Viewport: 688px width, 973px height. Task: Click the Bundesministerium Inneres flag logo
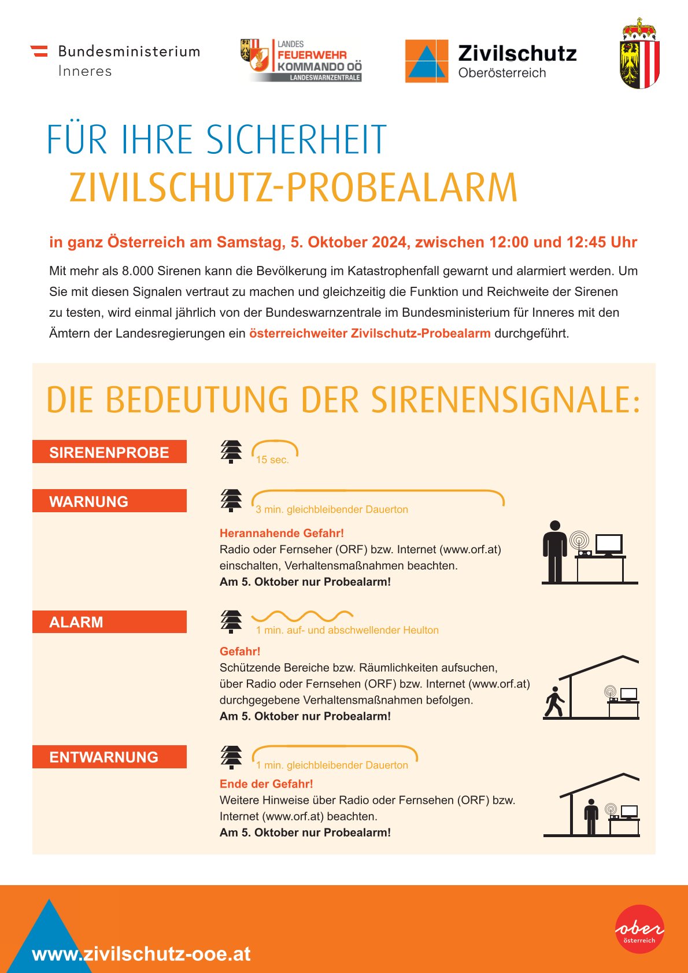(39, 51)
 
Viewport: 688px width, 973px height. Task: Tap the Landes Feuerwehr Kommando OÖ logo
(301, 60)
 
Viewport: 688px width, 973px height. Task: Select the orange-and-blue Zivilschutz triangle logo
(426, 61)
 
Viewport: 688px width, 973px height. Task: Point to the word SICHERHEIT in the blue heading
(296, 140)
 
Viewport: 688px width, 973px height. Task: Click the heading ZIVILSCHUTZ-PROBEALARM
(293, 188)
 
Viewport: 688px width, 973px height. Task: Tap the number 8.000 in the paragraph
(138, 271)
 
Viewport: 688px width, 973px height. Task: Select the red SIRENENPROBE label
(109, 452)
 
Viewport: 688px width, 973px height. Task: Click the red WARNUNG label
(109, 501)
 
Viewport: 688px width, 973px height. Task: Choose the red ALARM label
(109, 622)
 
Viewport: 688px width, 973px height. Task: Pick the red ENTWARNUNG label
(109, 757)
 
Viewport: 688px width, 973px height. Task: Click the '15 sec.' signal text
(272, 460)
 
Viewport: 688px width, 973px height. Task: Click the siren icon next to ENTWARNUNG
(231, 757)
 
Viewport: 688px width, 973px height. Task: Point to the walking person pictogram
(554, 702)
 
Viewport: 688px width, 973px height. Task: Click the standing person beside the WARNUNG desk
(555, 551)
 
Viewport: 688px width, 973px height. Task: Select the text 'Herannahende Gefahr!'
(282, 533)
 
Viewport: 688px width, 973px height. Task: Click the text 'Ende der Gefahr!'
(266, 784)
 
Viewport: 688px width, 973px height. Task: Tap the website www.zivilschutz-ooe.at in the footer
(142, 953)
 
